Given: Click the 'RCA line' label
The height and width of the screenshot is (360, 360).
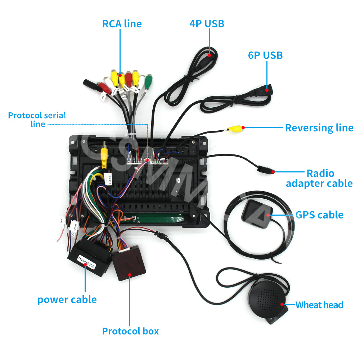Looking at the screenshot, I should click(x=122, y=24).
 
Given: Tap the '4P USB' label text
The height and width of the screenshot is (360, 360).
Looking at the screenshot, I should click(x=207, y=24).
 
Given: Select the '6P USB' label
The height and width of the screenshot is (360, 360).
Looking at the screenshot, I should click(x=265, y=55).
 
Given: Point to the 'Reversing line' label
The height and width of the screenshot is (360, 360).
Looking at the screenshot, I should click(x=319, y=128).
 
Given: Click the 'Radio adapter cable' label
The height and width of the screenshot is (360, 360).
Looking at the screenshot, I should click(x=319, y=178).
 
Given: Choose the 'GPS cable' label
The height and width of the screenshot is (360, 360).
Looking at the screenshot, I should click(x=319, y=215).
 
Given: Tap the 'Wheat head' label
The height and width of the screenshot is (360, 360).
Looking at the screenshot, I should click(x=319, y=305).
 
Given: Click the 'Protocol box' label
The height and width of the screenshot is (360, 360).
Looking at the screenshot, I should click(x=130, y=331).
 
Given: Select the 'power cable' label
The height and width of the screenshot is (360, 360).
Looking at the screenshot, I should click(x=67, y=300).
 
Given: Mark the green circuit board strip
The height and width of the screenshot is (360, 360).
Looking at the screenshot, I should click(x=158, y=219).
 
